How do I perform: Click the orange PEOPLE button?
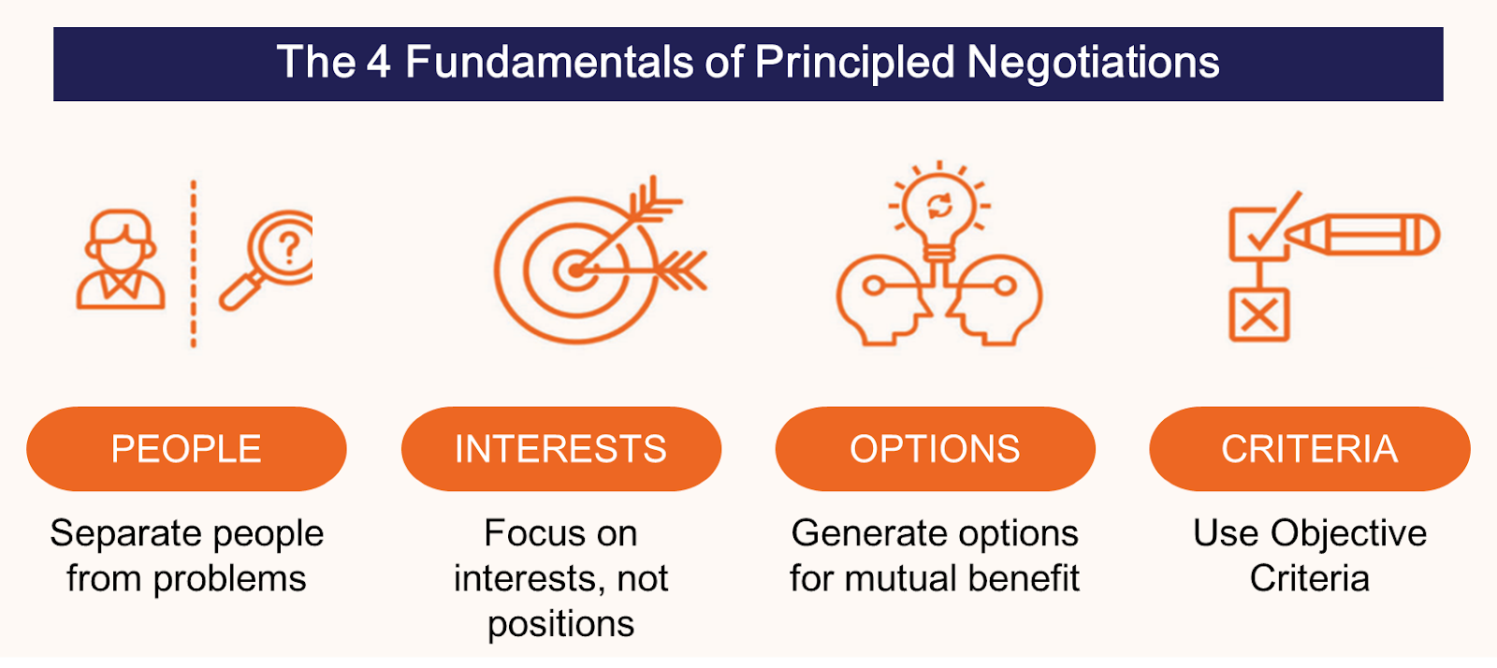(x=186, y=449)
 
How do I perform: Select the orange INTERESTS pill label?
(x=560, y=449)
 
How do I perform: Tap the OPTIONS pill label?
(x=935, y=449)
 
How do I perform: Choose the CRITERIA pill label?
(x=1309, y=449)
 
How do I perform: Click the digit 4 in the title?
(x=378, y=63)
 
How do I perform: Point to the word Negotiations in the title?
(x=1093, y=63)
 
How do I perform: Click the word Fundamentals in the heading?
(x=549, y=63)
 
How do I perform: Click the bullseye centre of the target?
(x=574, y=271)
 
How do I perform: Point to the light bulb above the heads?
(x=939, y=211)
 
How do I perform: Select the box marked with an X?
(x=1258, y=315)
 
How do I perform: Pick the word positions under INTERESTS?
(x=560, y=624)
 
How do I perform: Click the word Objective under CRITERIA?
(x=1348, y=534)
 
